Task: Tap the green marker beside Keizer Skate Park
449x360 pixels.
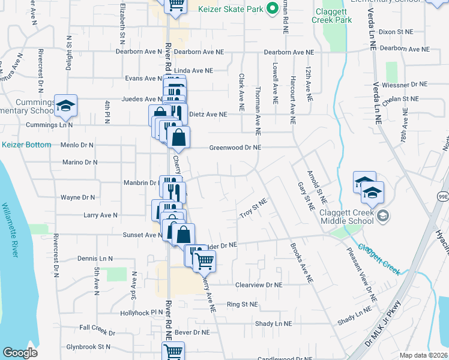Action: (271, 8)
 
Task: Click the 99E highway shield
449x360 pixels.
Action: (442, 195)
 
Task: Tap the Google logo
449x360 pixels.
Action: (20, 353)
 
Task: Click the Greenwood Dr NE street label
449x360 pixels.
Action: (235, 148)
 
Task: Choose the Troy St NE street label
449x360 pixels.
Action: (253, 213)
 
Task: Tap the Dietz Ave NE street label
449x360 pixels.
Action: (208, 114)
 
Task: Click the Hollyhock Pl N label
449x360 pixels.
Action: (141, 313)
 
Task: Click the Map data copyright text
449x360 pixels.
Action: (424, 355)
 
